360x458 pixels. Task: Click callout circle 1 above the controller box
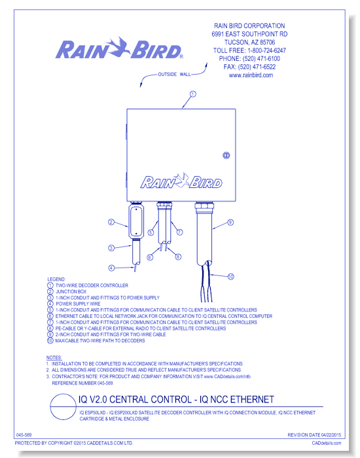click(193, 94)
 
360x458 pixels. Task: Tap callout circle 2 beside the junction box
click(111, 222)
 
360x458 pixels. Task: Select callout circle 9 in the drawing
click(230, 222)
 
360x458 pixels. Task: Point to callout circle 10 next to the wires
click(230, 276)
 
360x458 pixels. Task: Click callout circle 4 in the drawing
click(111, 268)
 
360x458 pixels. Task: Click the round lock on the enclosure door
click(226, 156)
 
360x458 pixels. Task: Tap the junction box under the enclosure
click(136, 220)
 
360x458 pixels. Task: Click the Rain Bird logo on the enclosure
click(181, 181)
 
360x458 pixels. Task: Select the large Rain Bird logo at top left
click(119, 49)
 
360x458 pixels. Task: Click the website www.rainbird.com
click(251, 75)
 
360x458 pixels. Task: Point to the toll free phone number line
click(249, 50)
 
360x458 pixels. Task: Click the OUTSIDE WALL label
click(175, 75)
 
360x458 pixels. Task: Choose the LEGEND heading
click(56, 279)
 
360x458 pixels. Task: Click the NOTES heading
click(54, 357)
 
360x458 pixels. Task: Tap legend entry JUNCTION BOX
click(71, 292)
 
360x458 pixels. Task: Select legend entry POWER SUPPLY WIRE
click(78, 304)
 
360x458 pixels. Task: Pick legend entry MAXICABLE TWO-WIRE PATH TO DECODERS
click(100, 341)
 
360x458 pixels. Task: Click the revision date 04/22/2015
click(331, 435)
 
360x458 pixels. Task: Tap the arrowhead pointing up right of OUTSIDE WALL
click(206, 65)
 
